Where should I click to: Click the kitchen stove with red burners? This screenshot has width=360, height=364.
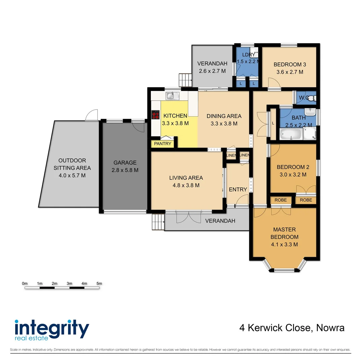[156, 115]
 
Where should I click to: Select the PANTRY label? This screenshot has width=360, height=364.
[163, 144]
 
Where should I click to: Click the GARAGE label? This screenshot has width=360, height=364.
[125, 162]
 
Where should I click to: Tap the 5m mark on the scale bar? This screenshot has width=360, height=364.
[99, 284]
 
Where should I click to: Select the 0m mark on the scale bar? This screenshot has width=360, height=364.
[25, 284]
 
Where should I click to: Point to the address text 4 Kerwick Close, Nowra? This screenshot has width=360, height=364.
[292, 328]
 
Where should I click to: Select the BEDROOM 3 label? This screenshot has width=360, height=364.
[290, 64]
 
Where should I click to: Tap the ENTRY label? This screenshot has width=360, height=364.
[238, 189]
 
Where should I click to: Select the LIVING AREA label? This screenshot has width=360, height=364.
[186, 178]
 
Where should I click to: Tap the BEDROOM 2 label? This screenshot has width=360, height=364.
[293, 167]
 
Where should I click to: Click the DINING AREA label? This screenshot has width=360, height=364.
[224, 116]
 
